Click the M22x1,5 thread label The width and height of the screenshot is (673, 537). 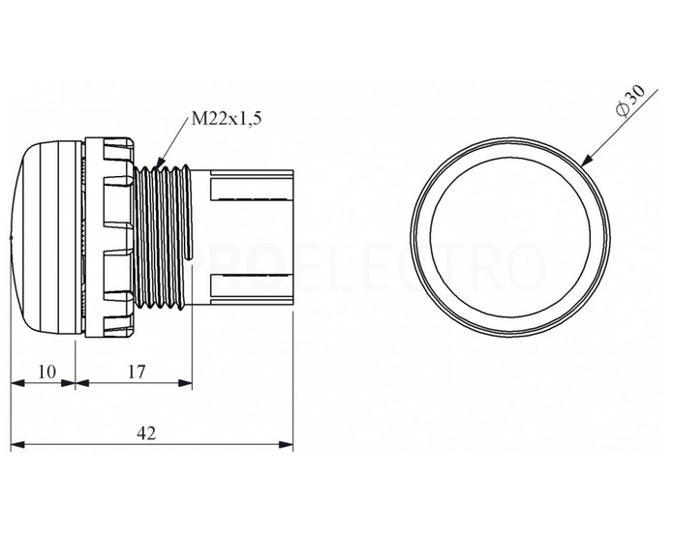coord(227,119)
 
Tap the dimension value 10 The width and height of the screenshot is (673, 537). coord(47,372)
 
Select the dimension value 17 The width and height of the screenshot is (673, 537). coord(137,372)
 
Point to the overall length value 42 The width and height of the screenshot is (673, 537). coord(146,433)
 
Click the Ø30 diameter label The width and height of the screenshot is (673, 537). coord(630,102)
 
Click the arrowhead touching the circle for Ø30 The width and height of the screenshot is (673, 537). coord(587,161)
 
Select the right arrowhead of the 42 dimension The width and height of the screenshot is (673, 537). coord(286,445)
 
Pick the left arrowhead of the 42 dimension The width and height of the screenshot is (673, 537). coord(18,445)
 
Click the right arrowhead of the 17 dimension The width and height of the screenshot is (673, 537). coord(185,382)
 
